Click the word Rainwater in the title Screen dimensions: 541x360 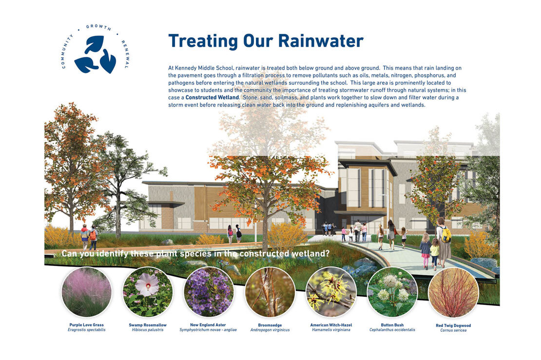321,41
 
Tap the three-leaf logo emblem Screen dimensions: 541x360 95,55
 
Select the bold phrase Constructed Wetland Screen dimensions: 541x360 212,97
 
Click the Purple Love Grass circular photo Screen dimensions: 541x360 87,292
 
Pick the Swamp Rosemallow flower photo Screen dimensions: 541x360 148,292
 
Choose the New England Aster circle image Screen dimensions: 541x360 209,292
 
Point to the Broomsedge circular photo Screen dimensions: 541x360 270,292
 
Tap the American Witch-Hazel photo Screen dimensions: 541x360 331,292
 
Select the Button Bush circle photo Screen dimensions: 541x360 392,292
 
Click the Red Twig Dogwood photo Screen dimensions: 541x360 453,292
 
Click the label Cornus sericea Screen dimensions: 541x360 453,330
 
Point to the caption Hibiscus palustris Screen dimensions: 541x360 148,330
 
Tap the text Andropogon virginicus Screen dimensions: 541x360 270,330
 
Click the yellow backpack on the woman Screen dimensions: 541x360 446,235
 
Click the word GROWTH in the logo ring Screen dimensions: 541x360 98,27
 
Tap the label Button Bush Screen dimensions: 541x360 392,325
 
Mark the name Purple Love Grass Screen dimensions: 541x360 87,325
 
